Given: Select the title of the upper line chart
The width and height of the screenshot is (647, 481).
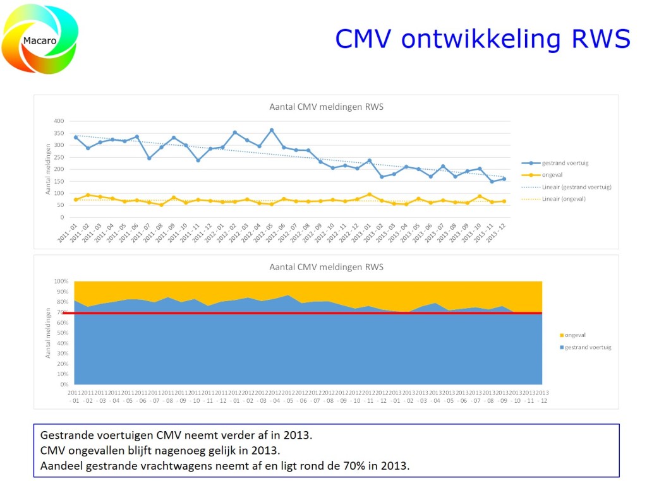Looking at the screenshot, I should click(326, 107).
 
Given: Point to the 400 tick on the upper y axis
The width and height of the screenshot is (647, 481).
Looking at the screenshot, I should click(59, 121).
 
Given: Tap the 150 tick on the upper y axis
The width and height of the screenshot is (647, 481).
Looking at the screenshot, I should click(59, 181).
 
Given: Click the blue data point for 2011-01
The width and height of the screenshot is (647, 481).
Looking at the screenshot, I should click(76, 137).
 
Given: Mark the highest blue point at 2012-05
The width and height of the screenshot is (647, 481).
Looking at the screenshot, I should click(272, 130).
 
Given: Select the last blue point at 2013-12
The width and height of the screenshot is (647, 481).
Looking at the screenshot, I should click(504, 179).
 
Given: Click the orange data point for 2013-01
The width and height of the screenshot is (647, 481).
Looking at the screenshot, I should click(370, 194).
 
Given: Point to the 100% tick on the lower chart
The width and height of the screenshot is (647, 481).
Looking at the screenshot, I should click(61, 282).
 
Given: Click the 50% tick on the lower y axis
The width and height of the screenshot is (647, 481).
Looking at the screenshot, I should click(61, 333).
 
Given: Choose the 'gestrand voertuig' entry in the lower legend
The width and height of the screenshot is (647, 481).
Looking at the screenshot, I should click(586, 347).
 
